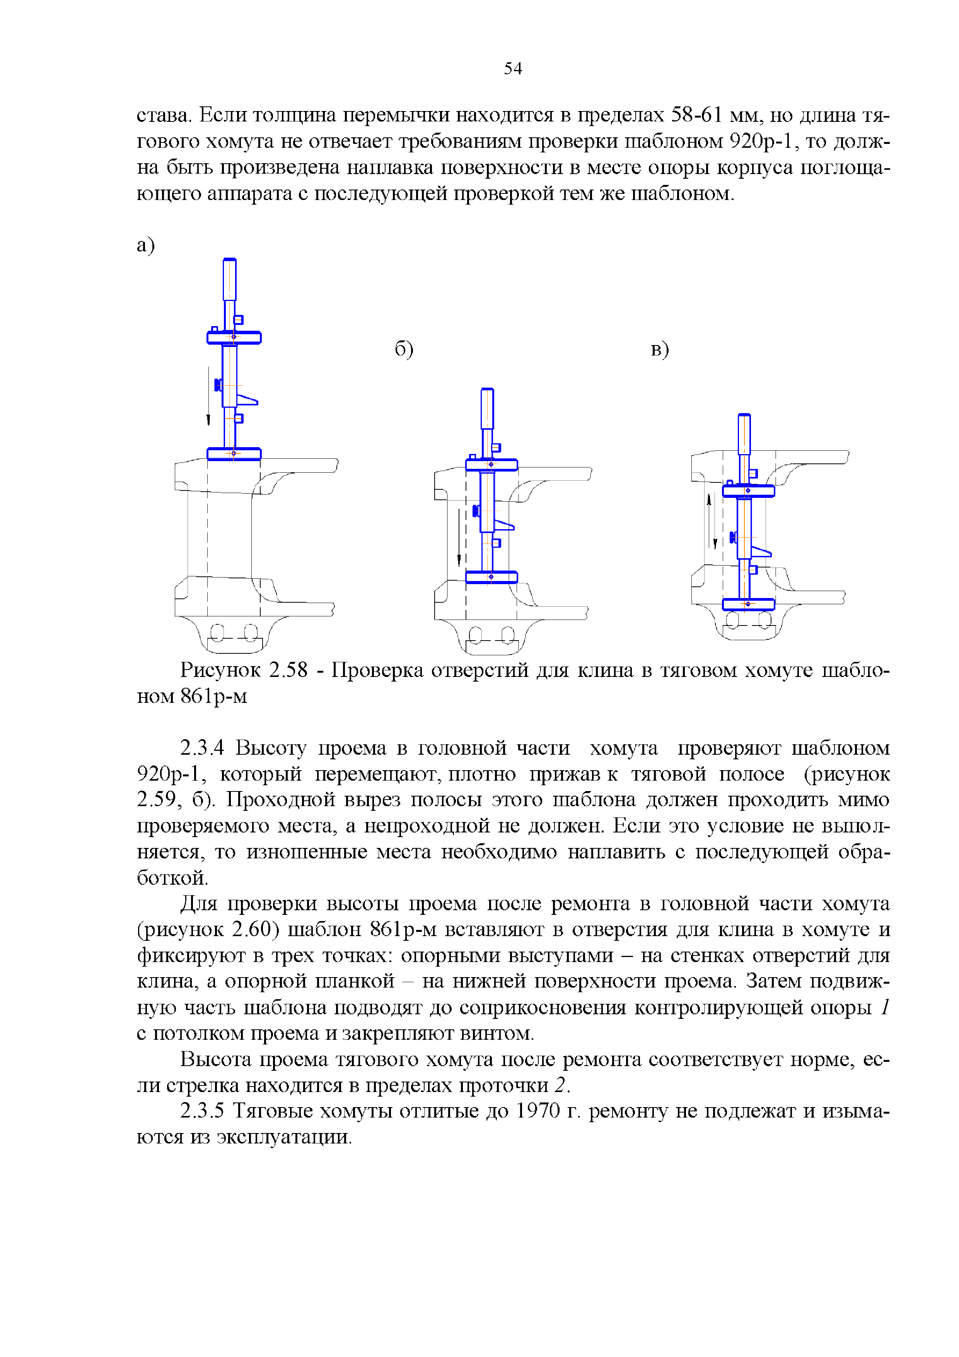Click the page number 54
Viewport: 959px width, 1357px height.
[x=512, y=68]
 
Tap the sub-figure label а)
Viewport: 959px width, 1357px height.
[x=145, y=245]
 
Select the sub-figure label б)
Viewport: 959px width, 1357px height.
[x=404, y=349]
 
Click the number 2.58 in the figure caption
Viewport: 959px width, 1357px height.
[x=288, y=670]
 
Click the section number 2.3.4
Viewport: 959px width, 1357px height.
[x=202, y=748]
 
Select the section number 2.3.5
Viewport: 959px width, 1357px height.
[x=202, y=1111]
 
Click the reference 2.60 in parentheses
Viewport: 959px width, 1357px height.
[x=251, y=929]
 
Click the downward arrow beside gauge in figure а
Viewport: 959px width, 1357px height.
[x=208, y=396]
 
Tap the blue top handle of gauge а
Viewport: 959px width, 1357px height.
[x=229, y=280]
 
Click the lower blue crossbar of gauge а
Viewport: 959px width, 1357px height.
[x=234, y=454]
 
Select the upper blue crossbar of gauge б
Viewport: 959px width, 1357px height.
[x=491, y=465]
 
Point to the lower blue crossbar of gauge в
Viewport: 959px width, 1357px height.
[x=748, y=604]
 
